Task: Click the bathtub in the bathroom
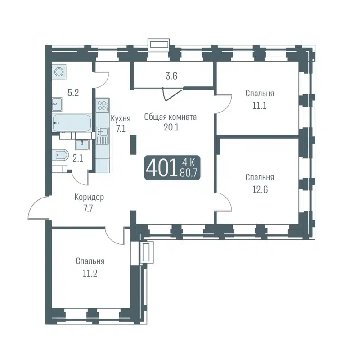72,122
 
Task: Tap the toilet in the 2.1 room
61,156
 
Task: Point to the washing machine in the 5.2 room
58,72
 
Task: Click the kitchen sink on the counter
103,132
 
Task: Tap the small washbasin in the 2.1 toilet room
82,144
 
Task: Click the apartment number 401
161,169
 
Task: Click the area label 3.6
171,76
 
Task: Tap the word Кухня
120,118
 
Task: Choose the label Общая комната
171,117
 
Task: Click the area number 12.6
260,189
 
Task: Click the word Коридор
90,197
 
